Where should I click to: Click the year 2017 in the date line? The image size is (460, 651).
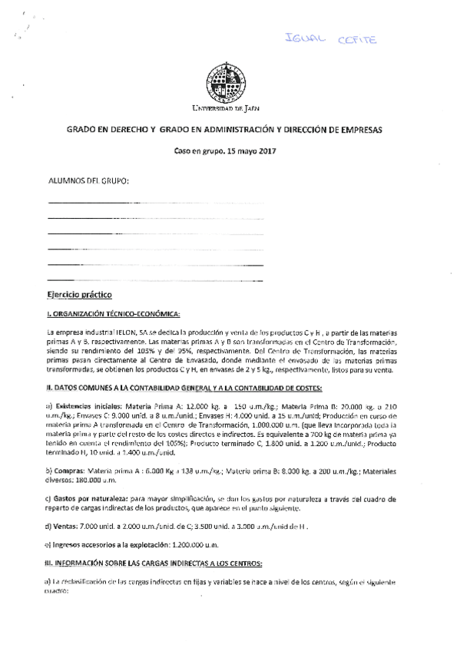[263, 153]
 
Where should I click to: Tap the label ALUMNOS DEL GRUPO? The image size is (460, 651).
[88, 181]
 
